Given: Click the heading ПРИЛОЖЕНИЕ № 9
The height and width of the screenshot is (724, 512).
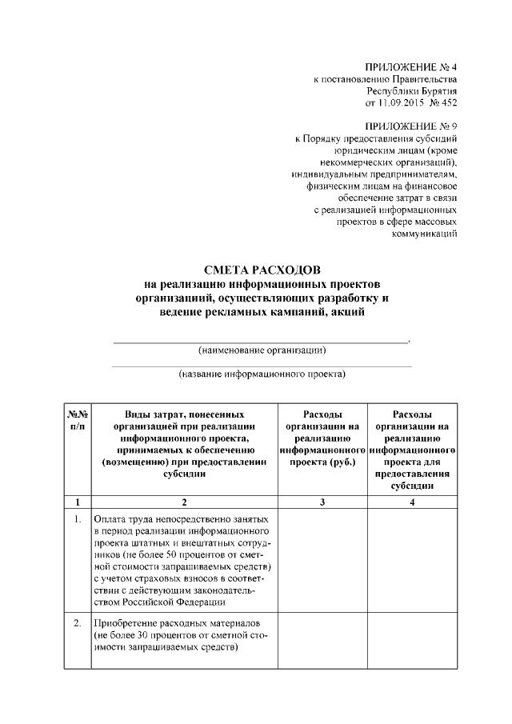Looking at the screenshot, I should pos(410,126).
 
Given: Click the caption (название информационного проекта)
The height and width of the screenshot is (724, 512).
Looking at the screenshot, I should pos(262,374).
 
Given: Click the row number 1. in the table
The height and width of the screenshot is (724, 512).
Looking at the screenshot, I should pos(77,518).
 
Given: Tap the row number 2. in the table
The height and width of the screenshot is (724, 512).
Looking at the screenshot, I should pos(77,623).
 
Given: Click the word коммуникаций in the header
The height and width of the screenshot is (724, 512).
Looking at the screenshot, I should pos(424,234).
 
